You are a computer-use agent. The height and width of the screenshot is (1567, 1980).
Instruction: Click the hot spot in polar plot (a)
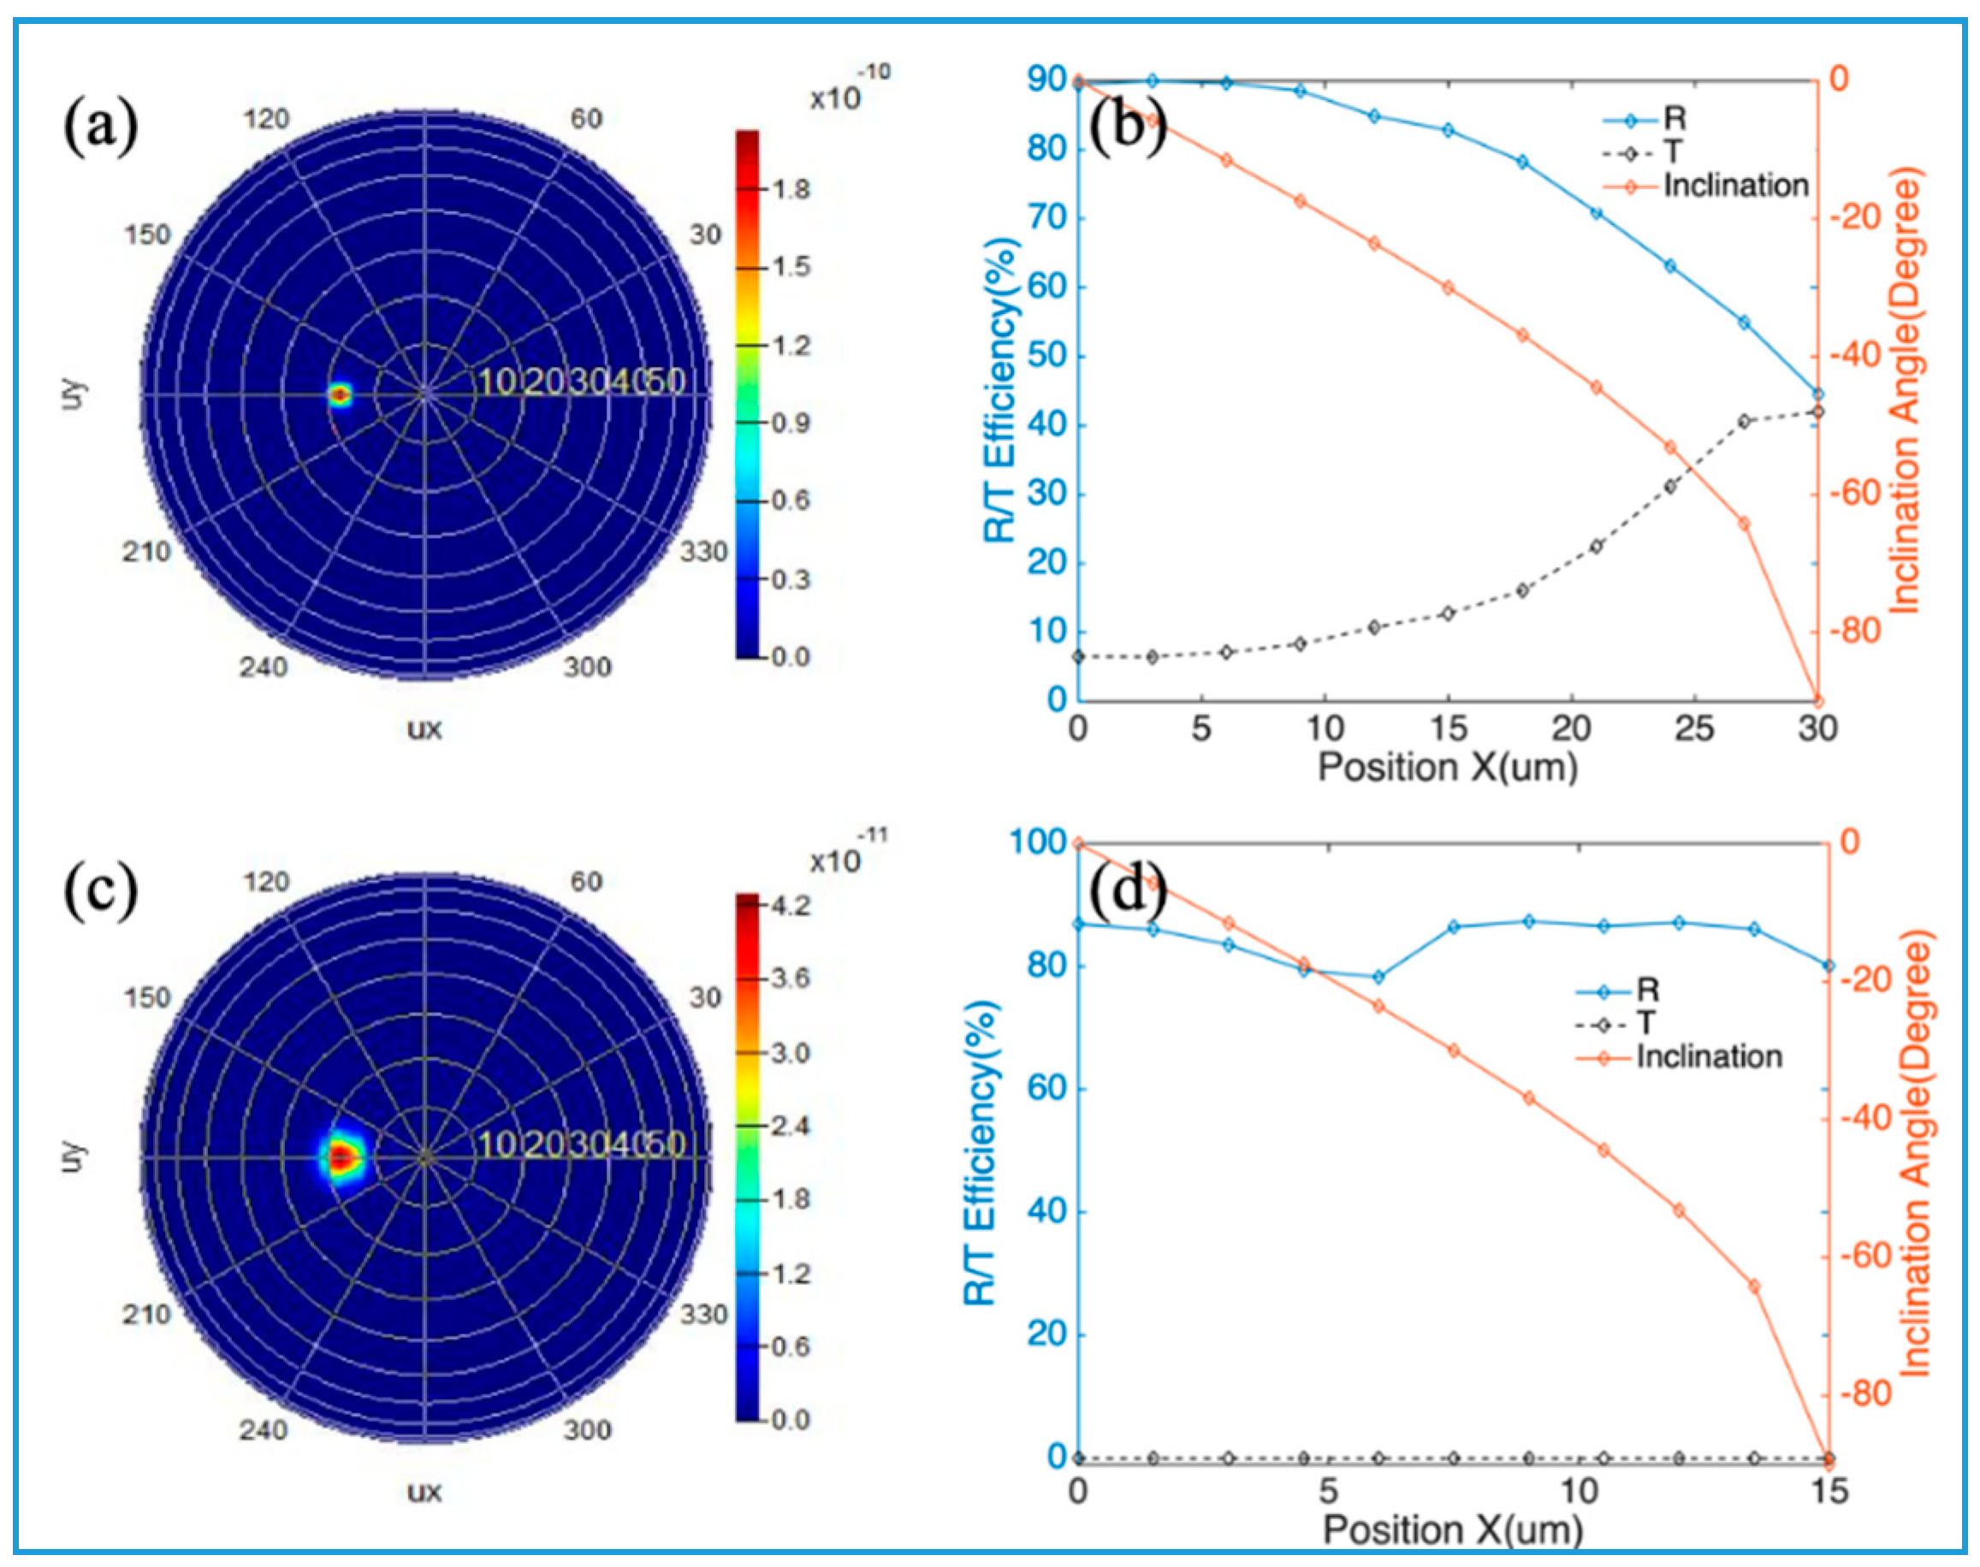(341, 395)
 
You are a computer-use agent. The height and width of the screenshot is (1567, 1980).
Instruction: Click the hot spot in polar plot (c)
(341, 1158)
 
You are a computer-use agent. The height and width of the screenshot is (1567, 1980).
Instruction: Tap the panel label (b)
(1128, 126)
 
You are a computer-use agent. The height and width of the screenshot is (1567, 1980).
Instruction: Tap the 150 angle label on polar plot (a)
(148, 235)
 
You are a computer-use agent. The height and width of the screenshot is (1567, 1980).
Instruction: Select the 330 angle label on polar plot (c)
(703, 1315)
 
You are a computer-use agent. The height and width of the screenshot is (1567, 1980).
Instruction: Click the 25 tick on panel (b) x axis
(1693, 729)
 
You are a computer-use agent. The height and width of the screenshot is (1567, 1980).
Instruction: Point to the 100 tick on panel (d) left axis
(1039, 842)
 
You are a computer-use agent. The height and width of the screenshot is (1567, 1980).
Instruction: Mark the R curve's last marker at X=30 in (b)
(1817, 393)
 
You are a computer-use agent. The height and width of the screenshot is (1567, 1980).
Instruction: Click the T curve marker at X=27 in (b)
(1744, 421)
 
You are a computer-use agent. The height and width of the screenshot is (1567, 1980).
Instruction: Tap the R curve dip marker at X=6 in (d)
(1378, 977)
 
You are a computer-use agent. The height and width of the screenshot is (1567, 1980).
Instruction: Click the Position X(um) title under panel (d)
(1452, 1529)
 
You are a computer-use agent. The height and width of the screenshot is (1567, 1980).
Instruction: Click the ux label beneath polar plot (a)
(424, 730)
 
